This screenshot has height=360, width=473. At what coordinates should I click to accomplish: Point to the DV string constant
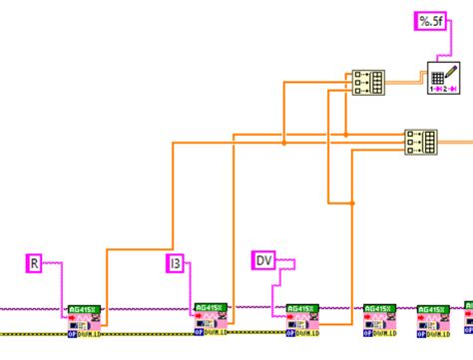point(263,260)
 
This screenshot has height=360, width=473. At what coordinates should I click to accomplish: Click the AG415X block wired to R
point(84,320)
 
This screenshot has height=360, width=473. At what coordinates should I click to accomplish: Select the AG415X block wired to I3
point(211,320)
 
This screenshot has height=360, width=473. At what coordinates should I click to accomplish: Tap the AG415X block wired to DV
point(302,320)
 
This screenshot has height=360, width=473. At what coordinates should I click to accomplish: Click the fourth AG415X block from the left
point(379,320)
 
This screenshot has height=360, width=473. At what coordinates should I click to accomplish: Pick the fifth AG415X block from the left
point(433,320)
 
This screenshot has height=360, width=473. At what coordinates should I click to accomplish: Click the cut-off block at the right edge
point(467,320)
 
